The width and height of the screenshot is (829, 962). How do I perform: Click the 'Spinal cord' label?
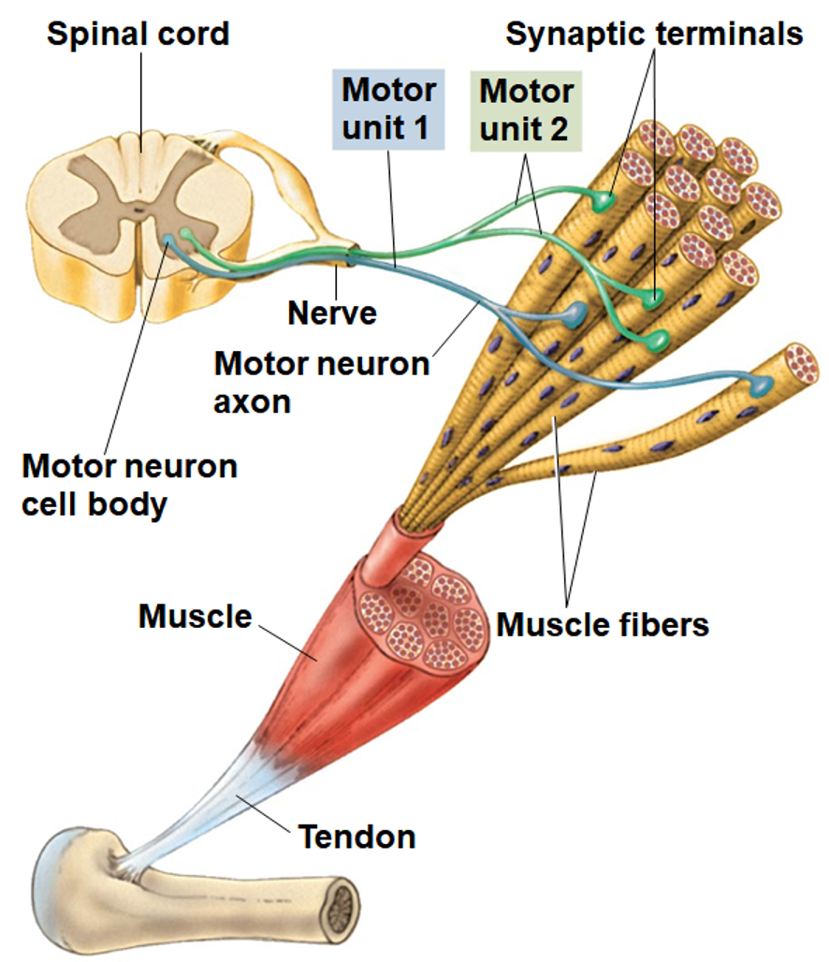tap(138, 35)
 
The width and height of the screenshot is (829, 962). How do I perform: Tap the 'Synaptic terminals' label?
tap(654, 35)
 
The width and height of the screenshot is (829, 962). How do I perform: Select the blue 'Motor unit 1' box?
tap(388, 109)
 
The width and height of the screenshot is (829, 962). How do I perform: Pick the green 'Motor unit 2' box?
tap(525, 109)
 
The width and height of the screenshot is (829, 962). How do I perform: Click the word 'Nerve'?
tap(331, 312)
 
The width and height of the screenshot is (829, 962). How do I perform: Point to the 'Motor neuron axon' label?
tap(321, 381)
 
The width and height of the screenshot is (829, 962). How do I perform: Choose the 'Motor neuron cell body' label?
tap(129, 484)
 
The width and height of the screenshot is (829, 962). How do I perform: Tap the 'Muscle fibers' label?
tap(602, 624)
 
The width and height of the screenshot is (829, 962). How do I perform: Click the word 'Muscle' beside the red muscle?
tap(195, 616)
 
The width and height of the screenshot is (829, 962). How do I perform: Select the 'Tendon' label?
tap(356, 836)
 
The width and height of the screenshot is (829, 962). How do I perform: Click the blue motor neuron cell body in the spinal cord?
tap(168, 241)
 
